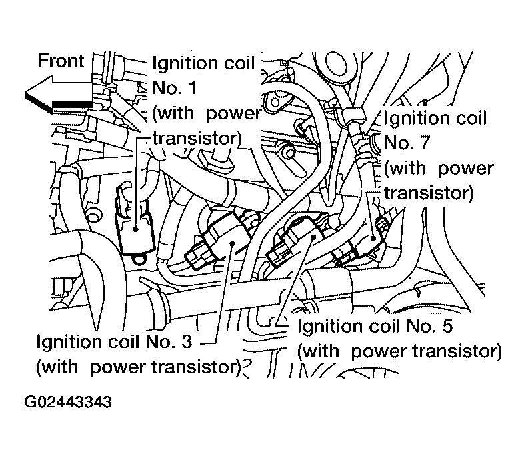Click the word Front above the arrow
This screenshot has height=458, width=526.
coord(61,61)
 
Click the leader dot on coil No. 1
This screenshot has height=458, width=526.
coord(135,229)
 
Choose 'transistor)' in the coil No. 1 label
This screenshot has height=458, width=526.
coord(196,138)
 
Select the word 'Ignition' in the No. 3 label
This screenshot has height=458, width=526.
coord(67,342)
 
